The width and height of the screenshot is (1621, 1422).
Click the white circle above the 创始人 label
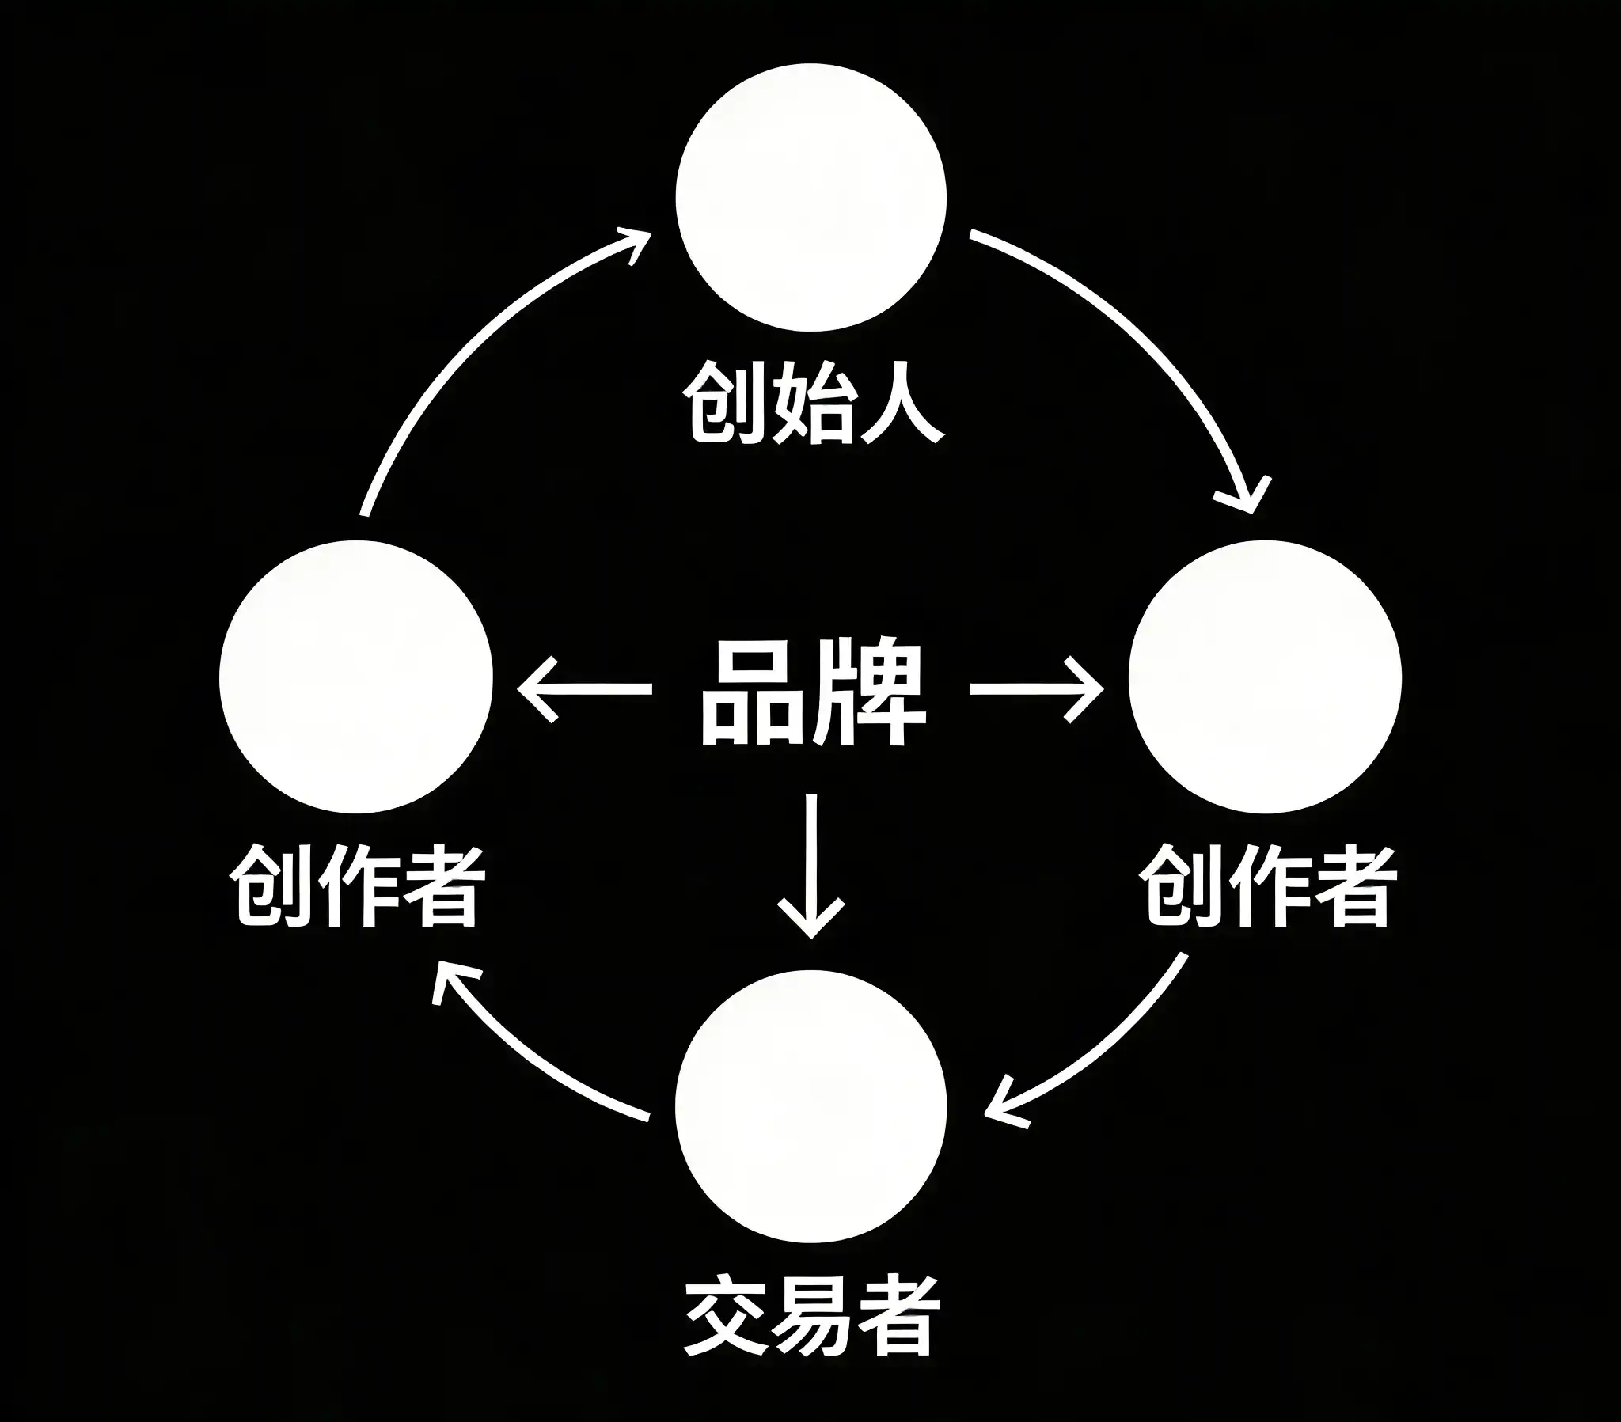click(810, 197)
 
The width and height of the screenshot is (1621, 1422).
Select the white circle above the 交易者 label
click(810, 1106)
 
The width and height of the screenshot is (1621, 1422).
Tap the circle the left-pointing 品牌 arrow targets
click(356, 677)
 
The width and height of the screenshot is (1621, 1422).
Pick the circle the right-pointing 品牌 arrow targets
click(1265, 677)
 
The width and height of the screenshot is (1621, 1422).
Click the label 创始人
click(812, 403)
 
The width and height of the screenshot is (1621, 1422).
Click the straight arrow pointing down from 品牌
click(810, 864)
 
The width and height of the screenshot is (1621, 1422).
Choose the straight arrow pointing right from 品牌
click(1036, 689)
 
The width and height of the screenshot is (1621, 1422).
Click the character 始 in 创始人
click(812, 403)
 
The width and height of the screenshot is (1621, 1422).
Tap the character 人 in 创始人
click(900, 403)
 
